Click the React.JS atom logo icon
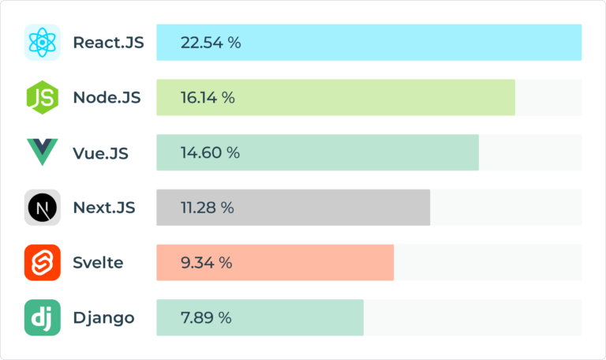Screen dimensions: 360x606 pos(42,43)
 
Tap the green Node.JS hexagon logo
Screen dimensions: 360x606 pos(42,98)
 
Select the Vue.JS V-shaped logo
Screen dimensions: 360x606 pos(42,152)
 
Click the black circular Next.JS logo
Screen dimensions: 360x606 pos(42,208)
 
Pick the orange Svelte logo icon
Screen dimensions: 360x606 pos(42,263)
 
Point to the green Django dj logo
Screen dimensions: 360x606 pos(42,318)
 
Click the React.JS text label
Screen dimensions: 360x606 pos(108,43)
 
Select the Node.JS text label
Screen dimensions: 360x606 pos(107,98)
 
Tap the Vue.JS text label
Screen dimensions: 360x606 pos(100,152)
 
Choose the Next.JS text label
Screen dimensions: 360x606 pos(104,208)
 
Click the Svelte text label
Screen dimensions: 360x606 pos(98,263)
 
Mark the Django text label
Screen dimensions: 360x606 pos(103,318)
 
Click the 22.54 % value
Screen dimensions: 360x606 pos(211,43)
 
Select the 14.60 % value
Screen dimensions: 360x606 pos(210,152)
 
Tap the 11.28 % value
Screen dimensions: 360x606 pos(208,208)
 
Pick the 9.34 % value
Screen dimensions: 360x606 pos(206,263)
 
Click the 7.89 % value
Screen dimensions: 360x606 pos(206,318)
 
